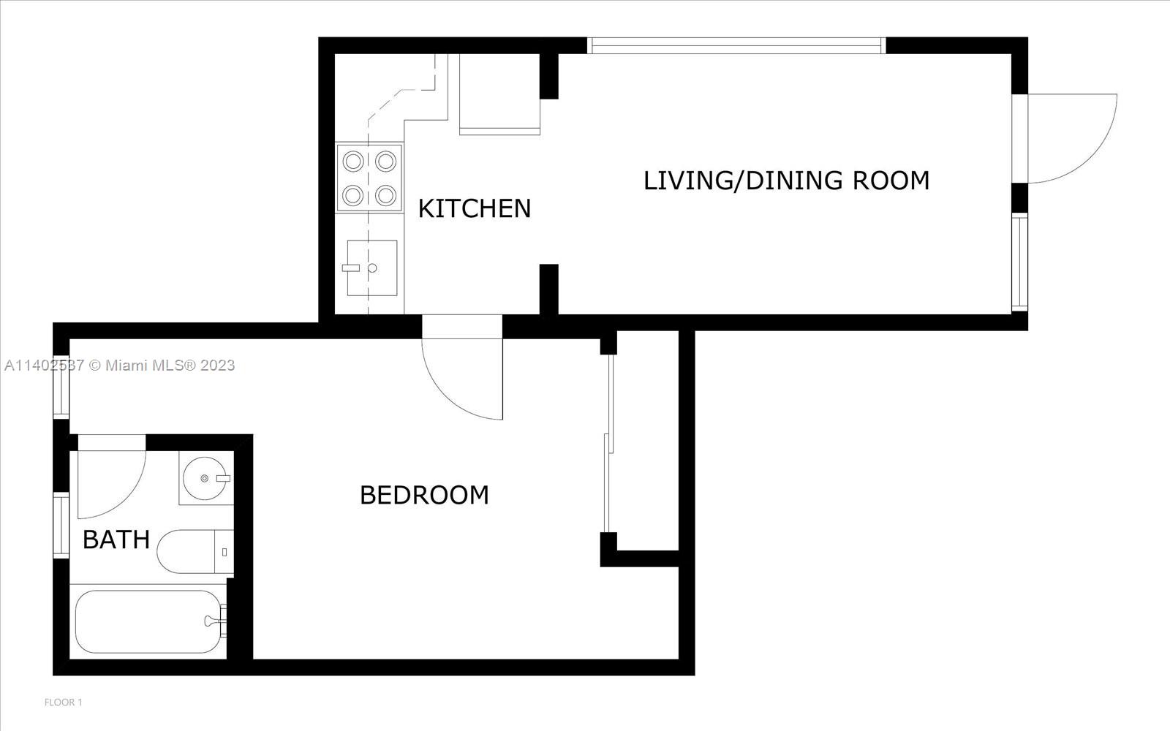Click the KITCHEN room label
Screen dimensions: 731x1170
tap(474, 208)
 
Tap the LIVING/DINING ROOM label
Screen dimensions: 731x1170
tap(786, 181)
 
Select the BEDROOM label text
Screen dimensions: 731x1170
tap(424, 495)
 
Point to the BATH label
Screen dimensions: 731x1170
tap(116, 539)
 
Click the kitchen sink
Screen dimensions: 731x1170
tap(371, 268)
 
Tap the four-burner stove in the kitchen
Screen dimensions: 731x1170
tap(369, 178)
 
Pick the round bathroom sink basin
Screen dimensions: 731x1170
tap(205, 478)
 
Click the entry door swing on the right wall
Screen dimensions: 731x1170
tap(1071, 139)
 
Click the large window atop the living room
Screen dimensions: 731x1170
tap(736, 45)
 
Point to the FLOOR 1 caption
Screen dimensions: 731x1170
tap(64, 702)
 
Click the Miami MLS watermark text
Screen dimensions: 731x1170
tap(120, 365)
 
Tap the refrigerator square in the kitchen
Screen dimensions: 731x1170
tap(499, 93)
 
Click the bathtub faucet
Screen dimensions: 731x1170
tap(214, 621)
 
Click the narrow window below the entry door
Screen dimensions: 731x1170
tap(1020, 262)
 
